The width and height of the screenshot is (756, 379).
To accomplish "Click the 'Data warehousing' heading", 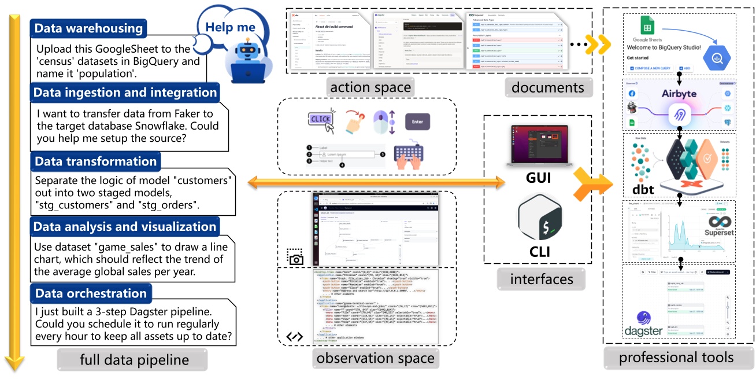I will pos(88,28).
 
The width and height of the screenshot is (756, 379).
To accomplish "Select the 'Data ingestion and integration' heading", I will pos(125,93).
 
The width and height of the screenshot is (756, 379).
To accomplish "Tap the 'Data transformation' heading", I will pos(95,161).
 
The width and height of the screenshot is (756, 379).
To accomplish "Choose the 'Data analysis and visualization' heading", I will pos(125,227).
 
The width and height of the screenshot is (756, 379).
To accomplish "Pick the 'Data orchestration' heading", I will pos(91,293).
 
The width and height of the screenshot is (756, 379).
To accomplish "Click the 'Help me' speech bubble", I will pos(230,27).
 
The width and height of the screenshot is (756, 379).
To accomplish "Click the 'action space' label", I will pos(370,87).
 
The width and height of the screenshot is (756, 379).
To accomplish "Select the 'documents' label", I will pos(548,87).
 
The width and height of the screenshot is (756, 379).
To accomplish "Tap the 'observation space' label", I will pos(375,358).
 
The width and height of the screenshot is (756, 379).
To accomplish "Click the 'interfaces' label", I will pos(542,279).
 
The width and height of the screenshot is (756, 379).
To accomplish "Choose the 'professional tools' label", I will pos(676,357).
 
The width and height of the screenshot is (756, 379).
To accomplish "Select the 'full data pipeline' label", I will pos(134,360).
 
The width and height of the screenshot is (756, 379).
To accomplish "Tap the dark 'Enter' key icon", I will pos(417,122).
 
